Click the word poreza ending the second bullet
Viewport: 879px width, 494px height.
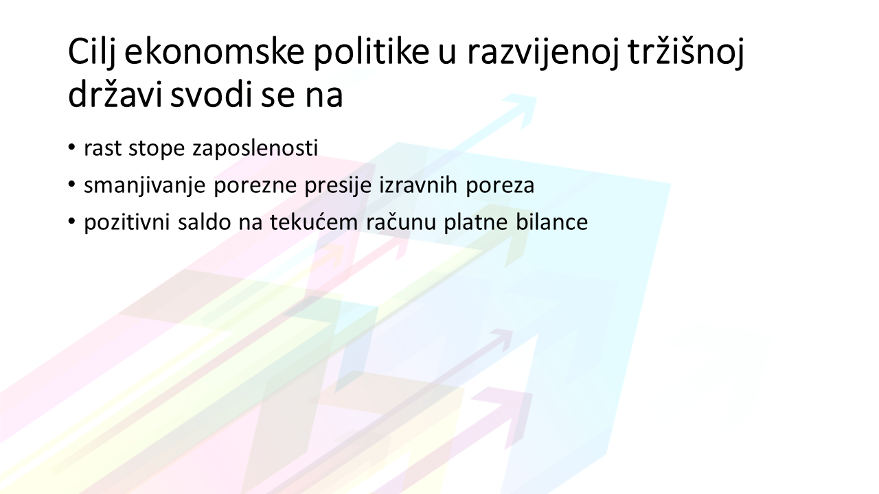coord(505,186)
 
